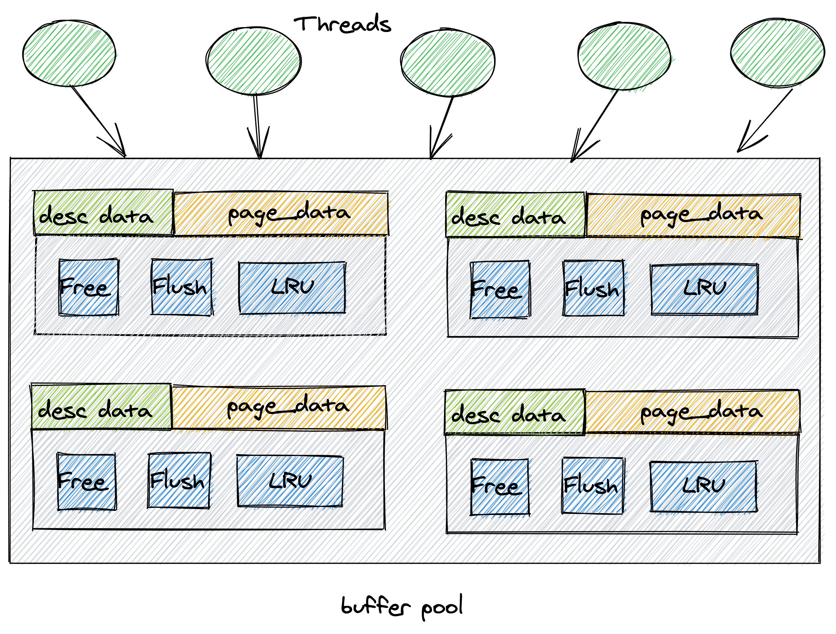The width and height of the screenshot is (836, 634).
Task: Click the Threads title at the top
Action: tap(342, 24)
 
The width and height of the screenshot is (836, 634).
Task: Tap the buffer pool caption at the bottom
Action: tap(401, 607)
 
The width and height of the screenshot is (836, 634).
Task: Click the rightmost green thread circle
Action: tap(777, 53)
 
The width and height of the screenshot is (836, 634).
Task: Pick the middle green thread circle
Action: tap(448, 62)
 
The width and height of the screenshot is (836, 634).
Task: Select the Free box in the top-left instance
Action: tap(89, 287)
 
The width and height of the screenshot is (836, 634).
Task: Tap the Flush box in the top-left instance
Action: tap(182, 287)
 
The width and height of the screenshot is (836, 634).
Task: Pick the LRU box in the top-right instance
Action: tap(705, 290)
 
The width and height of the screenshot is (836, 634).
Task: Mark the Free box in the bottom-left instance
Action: tap(87, 482)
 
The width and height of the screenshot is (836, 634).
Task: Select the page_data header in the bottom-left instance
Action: tap(279, 407)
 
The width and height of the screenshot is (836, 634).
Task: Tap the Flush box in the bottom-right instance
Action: tap(593, 486)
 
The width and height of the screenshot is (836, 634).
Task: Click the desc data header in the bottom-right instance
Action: tap(515, 413)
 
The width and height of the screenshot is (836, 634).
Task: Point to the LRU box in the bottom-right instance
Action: tap(704, 486)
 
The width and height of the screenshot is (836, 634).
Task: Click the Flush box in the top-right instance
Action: tap(593, 288)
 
